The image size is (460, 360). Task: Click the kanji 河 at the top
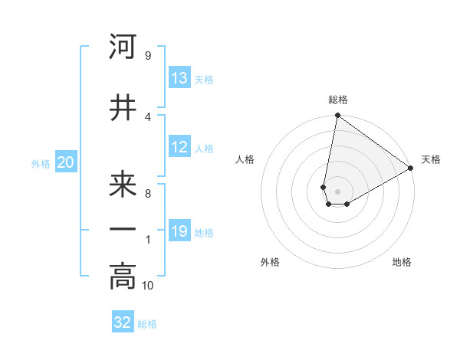[x=123, y=47]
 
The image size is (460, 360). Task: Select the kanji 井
[x=123, y=108]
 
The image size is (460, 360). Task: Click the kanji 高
[x=123, y=277]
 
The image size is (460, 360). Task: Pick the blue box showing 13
[x=179, y=78]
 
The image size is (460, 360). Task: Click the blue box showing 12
[x=179, y=147]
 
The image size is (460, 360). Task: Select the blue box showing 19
[x=179, y=231]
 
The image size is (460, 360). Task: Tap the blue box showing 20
[x=65, y=162]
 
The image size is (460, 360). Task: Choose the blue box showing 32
[x=123, y=322]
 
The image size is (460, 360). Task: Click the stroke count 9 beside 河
[x=147, y=56]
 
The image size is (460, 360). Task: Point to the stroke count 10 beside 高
[x=148, y=286]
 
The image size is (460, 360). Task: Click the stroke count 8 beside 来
[x=147, y=194]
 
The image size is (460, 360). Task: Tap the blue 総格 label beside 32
[x=147, y=324]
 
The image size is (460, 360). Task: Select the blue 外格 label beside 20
[x=41, y=163]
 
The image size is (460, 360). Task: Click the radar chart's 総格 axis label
[x=337, y=100]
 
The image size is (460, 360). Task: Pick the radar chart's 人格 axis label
[x=245, y=159]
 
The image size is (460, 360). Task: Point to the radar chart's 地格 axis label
[x=402, y=262]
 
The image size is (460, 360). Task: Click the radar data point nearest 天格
[x=411, y=169]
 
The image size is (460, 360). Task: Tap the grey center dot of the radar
[x=337, y=190]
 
